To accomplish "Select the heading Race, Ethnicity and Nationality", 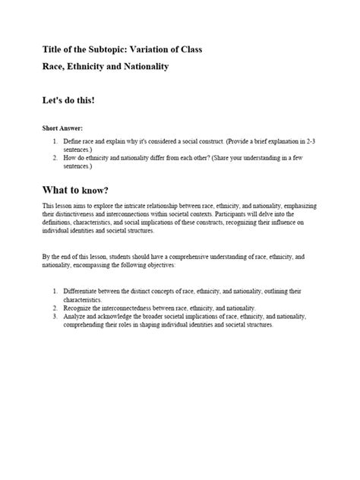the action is coord(105,66).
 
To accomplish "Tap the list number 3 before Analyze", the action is coord(55,317).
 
